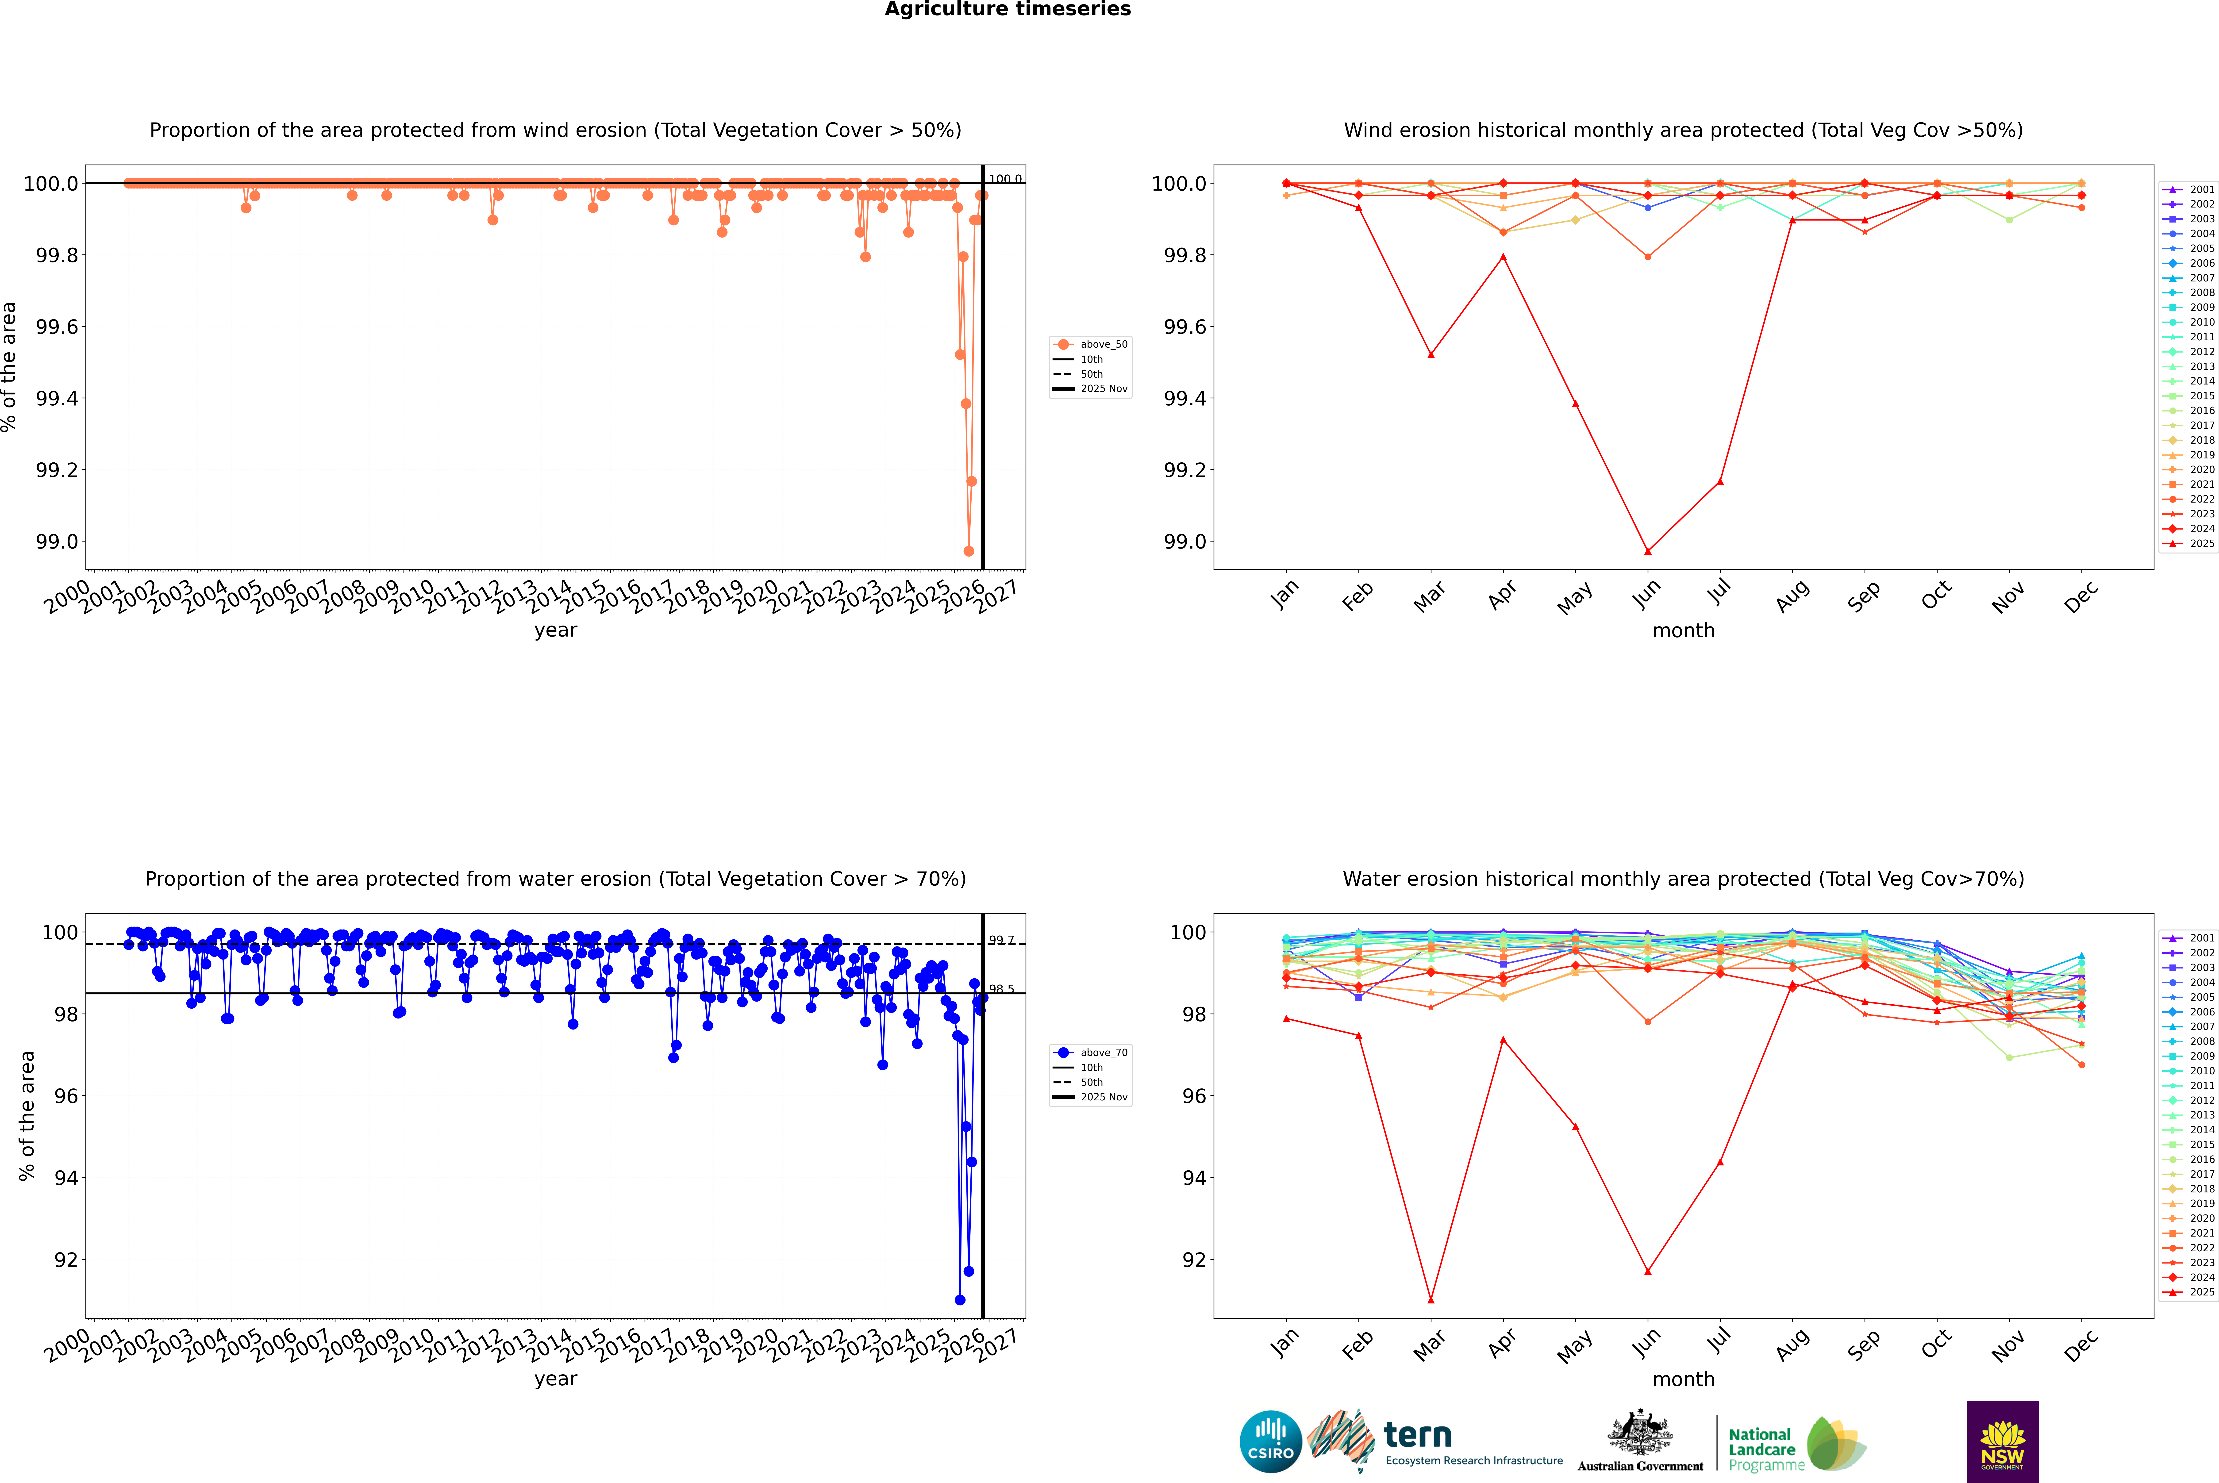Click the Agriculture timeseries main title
tap(1007, 9)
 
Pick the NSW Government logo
tap(2002, 1441)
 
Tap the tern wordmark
tap(1417, 1436)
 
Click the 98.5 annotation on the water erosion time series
tap(1001, 989)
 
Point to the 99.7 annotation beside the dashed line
tap(1001, 940)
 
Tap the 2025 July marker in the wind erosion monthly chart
tap(1719, 481)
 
